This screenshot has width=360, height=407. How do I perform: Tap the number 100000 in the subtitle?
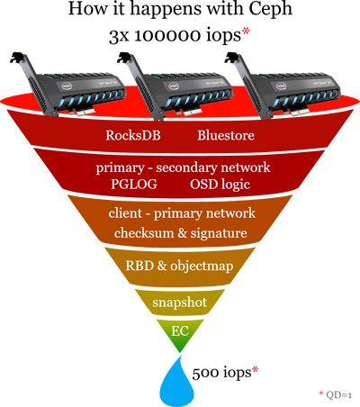[167, 36]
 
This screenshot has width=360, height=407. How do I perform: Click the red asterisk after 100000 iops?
[246, 32]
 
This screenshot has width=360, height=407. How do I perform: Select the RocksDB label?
[133, 135]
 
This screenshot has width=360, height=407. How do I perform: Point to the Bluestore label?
[226, 135]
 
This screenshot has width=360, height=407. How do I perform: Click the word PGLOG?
[134, 184]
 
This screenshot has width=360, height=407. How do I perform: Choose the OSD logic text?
[220, 185]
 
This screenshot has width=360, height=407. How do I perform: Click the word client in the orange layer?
[125, 213]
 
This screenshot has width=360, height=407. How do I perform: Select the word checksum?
[144, 233]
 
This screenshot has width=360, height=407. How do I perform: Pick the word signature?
[219, 233]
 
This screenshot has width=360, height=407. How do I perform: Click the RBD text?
[139, 266]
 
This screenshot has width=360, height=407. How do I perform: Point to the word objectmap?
[202, 267]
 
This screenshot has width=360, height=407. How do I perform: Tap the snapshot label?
[179, 303]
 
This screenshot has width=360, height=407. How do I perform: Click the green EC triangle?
[180, 335]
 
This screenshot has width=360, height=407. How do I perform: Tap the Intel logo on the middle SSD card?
[174, 86]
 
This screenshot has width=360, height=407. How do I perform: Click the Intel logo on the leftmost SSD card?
[67, 86]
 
